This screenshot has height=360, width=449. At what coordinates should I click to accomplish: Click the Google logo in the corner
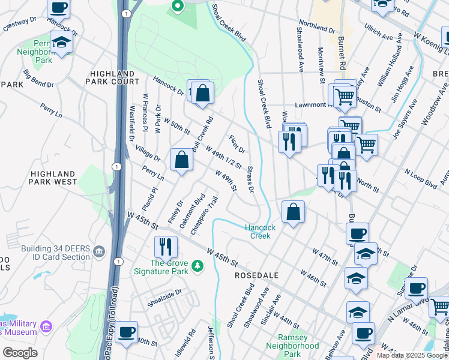[x=20, y=352]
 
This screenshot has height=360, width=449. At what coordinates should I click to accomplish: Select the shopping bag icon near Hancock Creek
[x=292, y=212]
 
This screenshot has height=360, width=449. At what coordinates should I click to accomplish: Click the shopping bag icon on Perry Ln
[x=181, y=160]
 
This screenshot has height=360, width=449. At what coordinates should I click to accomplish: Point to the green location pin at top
[x=177, y=6]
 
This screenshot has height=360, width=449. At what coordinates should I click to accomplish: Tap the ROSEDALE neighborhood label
[x=256, y=275]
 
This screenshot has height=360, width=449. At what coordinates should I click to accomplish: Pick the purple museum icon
[x=46, y=328]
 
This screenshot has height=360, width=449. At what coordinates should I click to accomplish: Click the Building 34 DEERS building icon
[x=100, y=249]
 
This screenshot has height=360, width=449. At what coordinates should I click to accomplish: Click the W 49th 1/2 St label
[x=223, y=157]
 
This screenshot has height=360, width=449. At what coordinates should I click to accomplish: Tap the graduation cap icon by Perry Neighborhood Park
[x=61, y=42]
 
